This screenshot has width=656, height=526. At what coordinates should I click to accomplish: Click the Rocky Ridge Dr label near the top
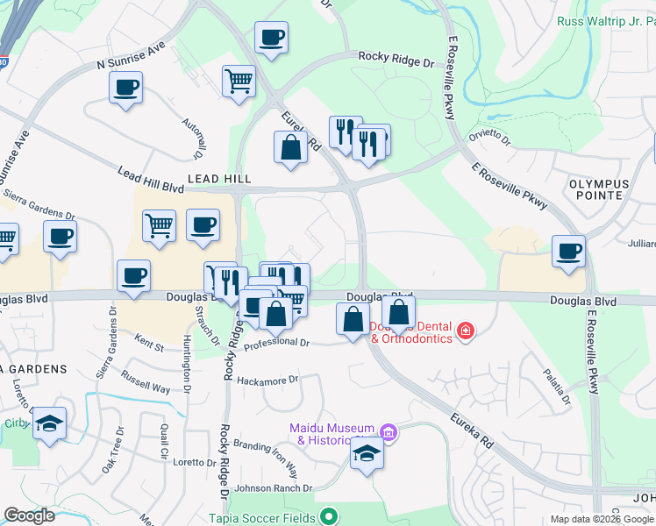tap(396, 63)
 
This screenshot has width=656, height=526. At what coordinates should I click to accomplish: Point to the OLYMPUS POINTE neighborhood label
tap(599, 190)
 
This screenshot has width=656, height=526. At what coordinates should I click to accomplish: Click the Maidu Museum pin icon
tap(389, 432)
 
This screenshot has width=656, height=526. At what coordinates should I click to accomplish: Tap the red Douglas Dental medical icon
tap(465, 331)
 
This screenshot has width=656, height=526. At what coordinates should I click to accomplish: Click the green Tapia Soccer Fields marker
tap(329, 517)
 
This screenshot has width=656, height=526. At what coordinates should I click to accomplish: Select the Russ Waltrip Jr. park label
tap(606, 20)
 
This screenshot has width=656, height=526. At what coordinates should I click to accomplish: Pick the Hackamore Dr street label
tap(268, 381)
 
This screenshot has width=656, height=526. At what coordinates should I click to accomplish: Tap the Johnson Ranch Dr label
tap(274, 488)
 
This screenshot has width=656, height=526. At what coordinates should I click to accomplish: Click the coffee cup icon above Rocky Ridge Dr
tap(271, 38)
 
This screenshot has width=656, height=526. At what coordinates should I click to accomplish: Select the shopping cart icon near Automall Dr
tap(239, 82)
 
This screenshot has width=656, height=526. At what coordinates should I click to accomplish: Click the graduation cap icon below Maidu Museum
tap(367, 454)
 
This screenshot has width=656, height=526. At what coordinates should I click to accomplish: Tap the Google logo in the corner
tap(30, 516)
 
